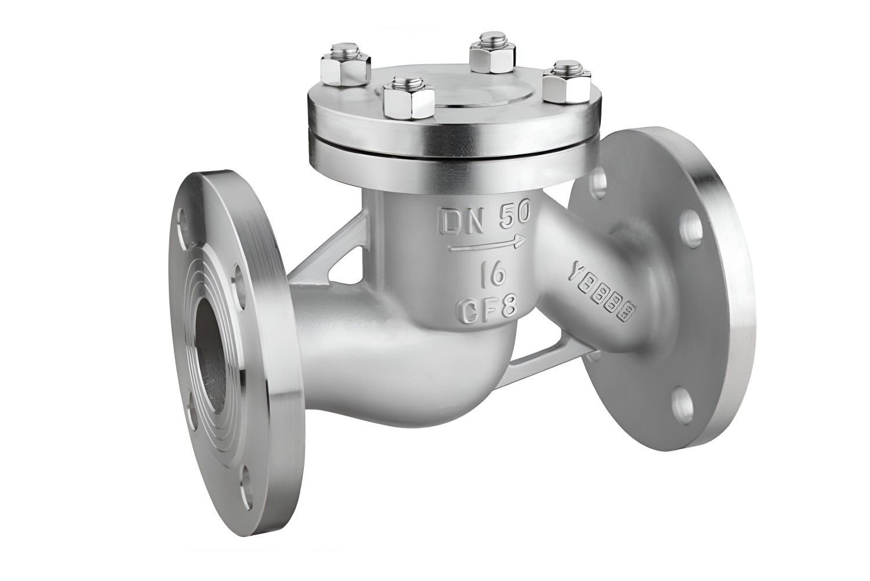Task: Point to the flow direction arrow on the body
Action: [487, 246]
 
